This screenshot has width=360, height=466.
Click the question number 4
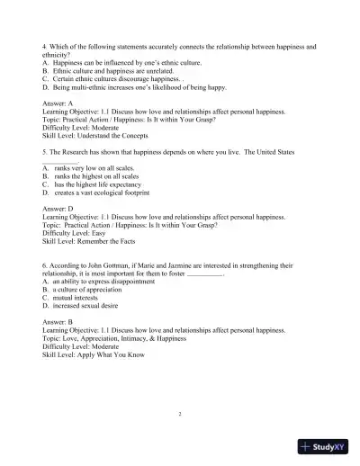pos(44,44)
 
